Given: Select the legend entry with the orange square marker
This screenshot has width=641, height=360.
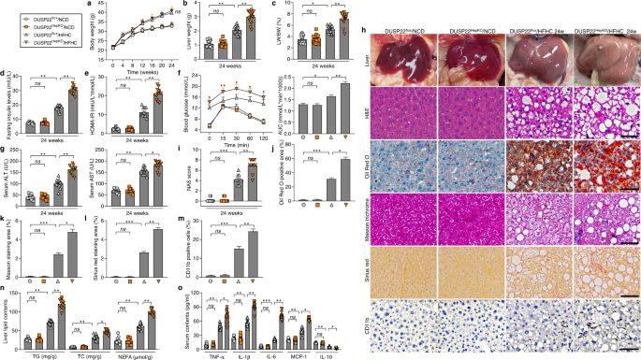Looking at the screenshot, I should pyautogui.click(x=11, y=21).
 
